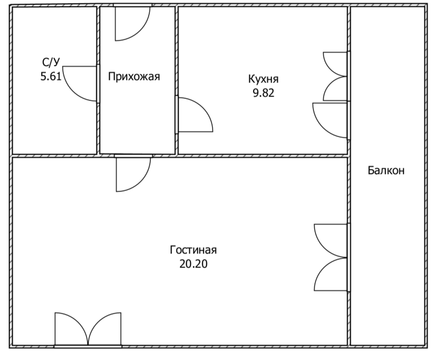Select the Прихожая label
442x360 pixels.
pos(134,76)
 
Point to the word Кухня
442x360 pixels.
pos(263,79)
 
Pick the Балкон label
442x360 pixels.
pos(386,170)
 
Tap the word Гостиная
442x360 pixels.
pos(193,250)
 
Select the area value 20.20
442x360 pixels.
pos(193,263)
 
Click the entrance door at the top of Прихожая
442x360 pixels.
pos(132,23)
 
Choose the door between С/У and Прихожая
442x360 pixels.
pos(80,83)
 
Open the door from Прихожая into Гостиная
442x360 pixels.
pos(133,173)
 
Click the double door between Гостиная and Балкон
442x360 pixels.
pos(331,257)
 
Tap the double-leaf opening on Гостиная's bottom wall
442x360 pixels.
pos(88,329)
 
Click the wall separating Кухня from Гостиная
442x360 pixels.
pos(261,155)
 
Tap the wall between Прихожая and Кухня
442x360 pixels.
pos(177,50)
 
